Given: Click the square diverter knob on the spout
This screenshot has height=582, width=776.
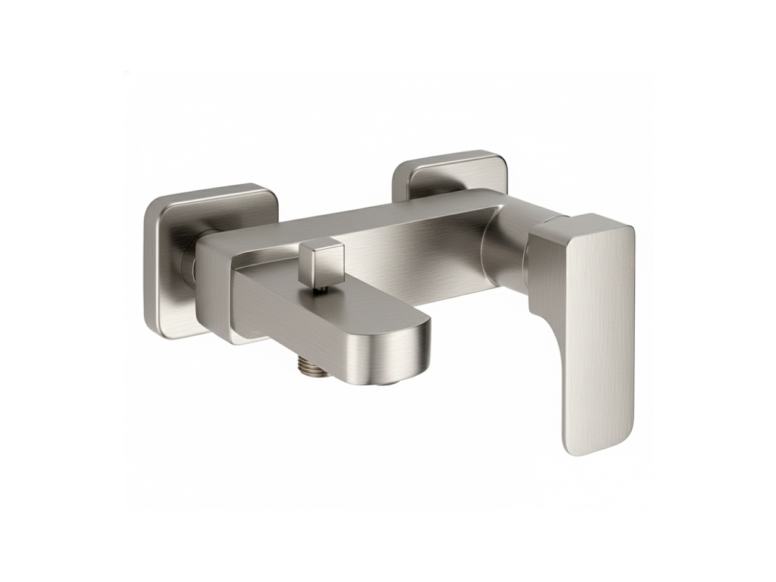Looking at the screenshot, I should coord(321,262).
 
